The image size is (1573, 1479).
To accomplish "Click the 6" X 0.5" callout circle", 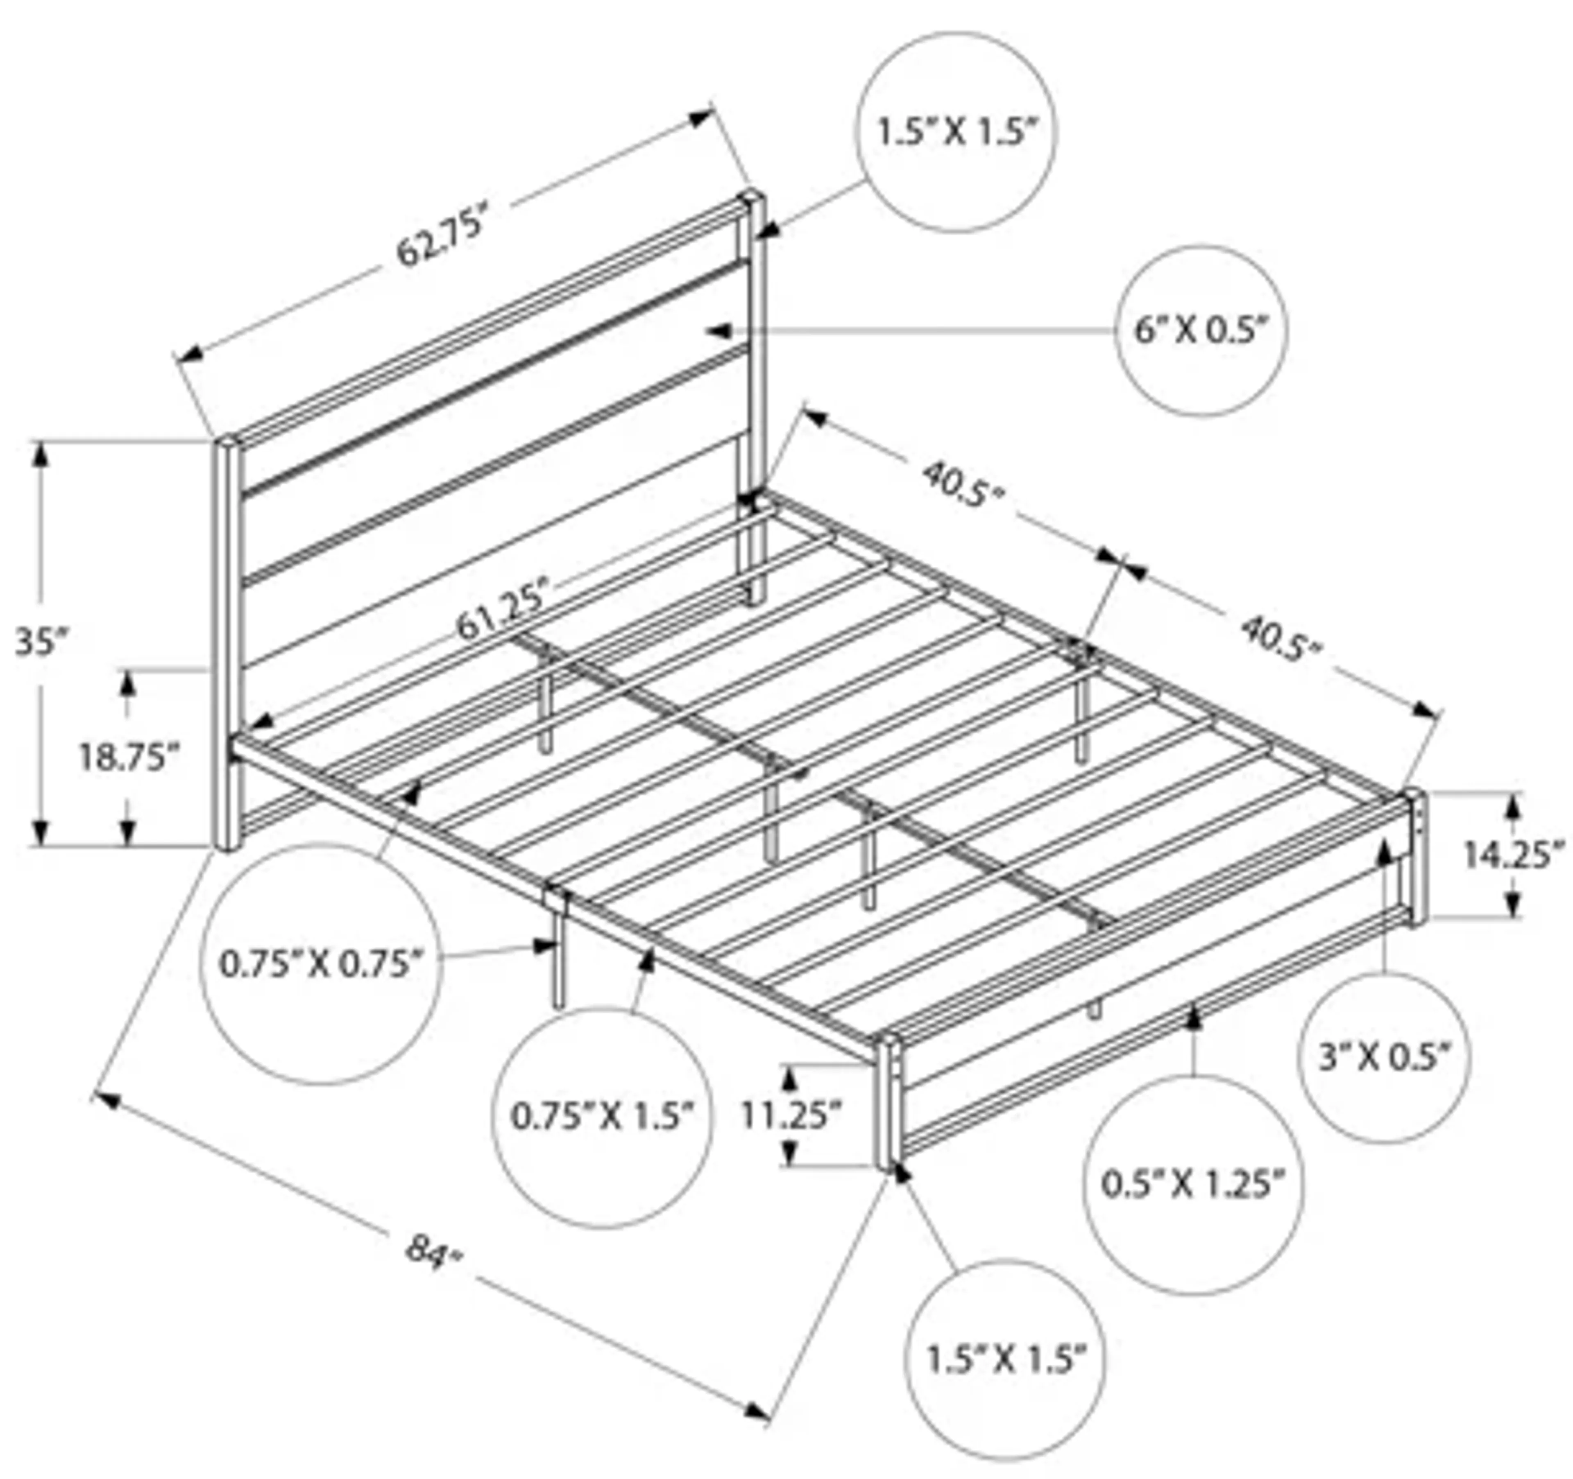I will coord(1201,330).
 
